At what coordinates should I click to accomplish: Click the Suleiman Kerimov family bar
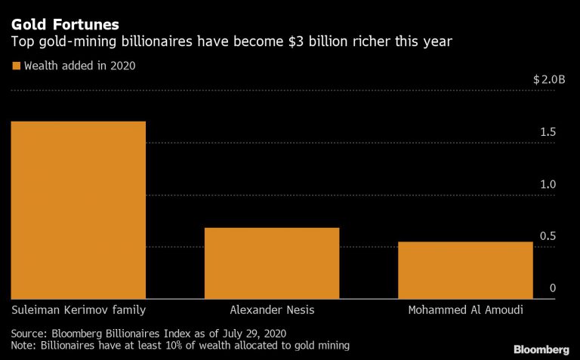pos(78,210)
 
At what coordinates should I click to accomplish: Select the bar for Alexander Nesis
pos(272,263)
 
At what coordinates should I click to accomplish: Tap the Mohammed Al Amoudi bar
pos(465,269)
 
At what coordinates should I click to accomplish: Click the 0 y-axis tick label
pos(553,288)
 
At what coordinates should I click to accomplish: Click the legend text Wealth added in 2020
pos(80,66)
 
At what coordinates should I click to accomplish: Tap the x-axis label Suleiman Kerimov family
pos(78,310)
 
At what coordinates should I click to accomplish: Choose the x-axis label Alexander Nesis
pos(272,310)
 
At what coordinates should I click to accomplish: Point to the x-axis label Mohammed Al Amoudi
pos(465,310)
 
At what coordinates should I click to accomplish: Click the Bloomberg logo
pos(541,349)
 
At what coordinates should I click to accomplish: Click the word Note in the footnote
pos(23,346)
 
